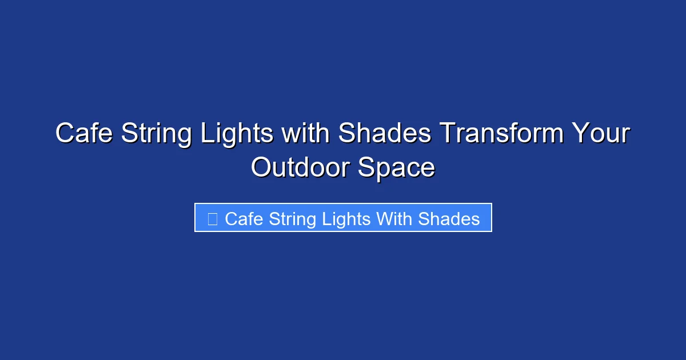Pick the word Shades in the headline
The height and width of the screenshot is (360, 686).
(x=384, y=134)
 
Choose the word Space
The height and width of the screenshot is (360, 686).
(x=396, y=168)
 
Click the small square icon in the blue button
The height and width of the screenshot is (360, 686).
(x=212, y=218)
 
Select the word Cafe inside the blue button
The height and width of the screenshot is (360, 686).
(x=244, y=218)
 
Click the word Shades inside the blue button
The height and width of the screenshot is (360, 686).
(x=449, y=218)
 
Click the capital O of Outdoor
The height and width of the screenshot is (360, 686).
(x=261, y=168)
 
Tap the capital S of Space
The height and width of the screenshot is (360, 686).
(x=366, y=168)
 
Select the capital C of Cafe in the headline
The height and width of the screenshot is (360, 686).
(x=65, y=134)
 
